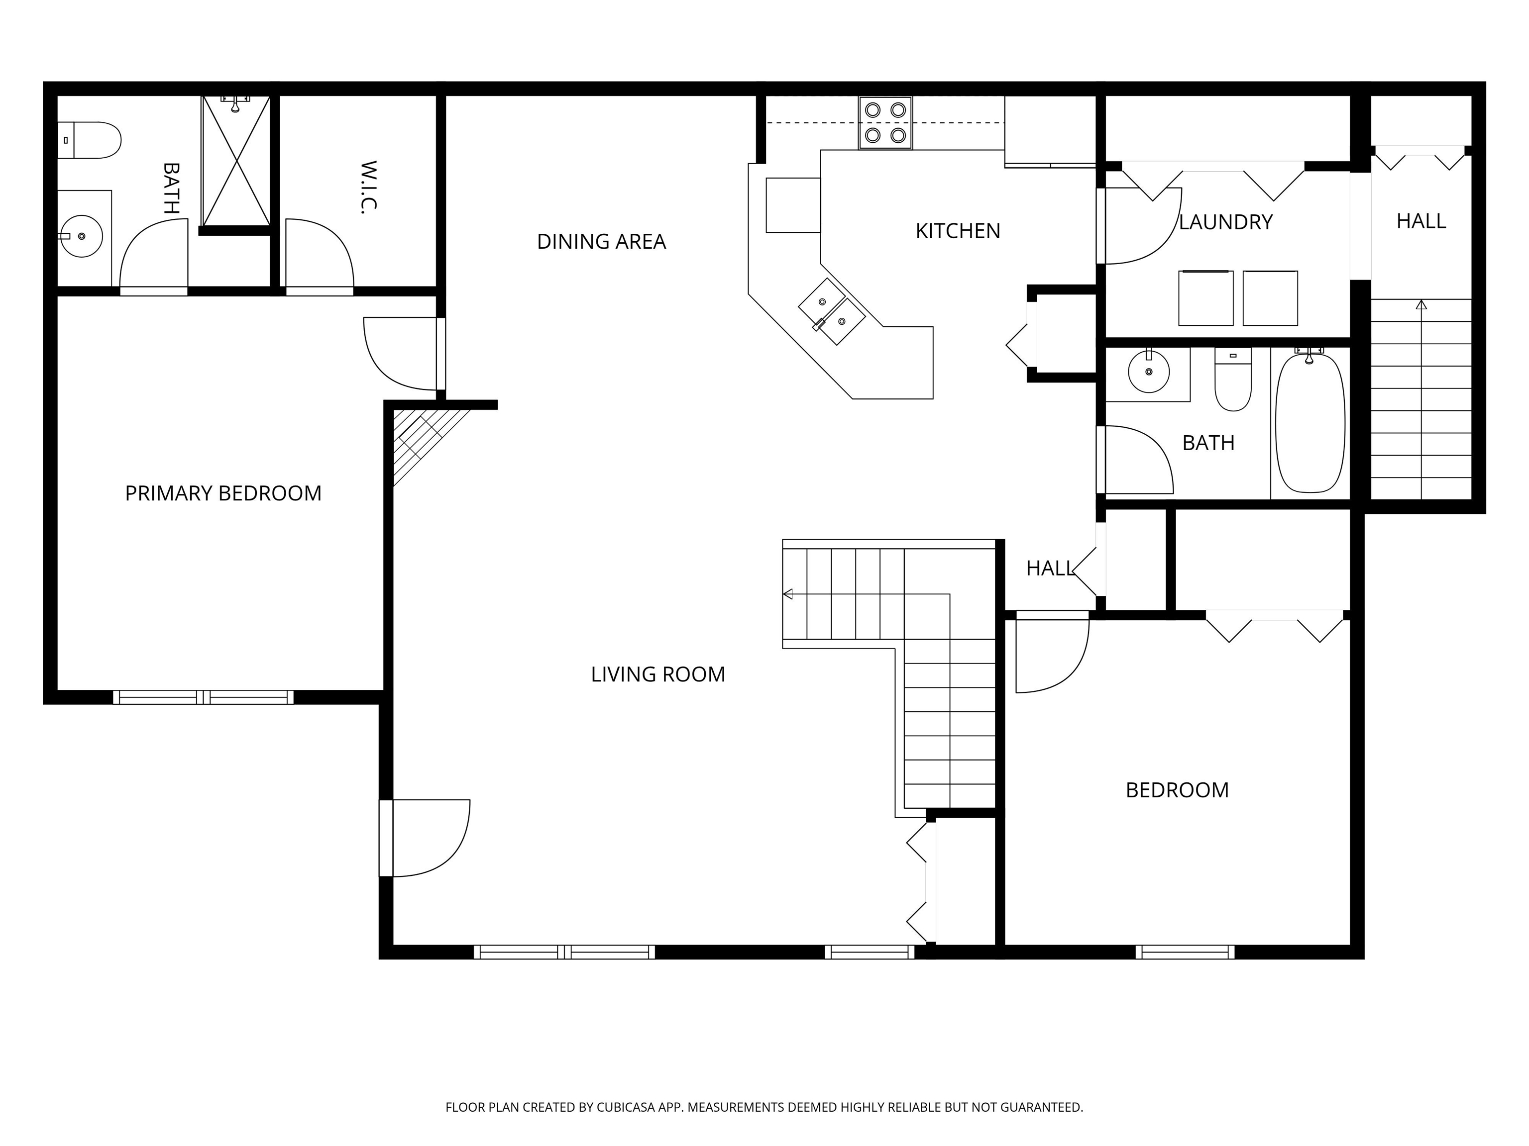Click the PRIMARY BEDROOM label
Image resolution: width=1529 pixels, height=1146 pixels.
[x=223, y=493]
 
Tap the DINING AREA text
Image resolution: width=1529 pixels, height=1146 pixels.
[x=601, y=241]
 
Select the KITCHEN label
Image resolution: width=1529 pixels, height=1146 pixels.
[x=958, y=231]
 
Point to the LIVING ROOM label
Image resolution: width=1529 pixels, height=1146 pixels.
[x=658, y=674]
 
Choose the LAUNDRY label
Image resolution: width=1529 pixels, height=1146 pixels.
[x=1225, y=222]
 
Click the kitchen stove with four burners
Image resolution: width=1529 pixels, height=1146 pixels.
[x=885, y=122]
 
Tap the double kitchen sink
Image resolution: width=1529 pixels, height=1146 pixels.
[x=832, y=311]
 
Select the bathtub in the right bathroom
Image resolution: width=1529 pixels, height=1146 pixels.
[x=1310, y=423]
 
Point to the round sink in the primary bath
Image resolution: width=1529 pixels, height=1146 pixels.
[x=82, y=236]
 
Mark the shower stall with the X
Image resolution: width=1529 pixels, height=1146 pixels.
[x=236, y=161]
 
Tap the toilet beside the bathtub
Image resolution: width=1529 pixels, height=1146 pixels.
[x=1233, y=380]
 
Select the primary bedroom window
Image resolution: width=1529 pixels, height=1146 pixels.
[x=203, y=697]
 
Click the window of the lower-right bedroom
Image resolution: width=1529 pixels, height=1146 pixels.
[x=1185, y=952]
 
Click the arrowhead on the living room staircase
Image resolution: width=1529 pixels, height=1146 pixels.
[x=787, y=594]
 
